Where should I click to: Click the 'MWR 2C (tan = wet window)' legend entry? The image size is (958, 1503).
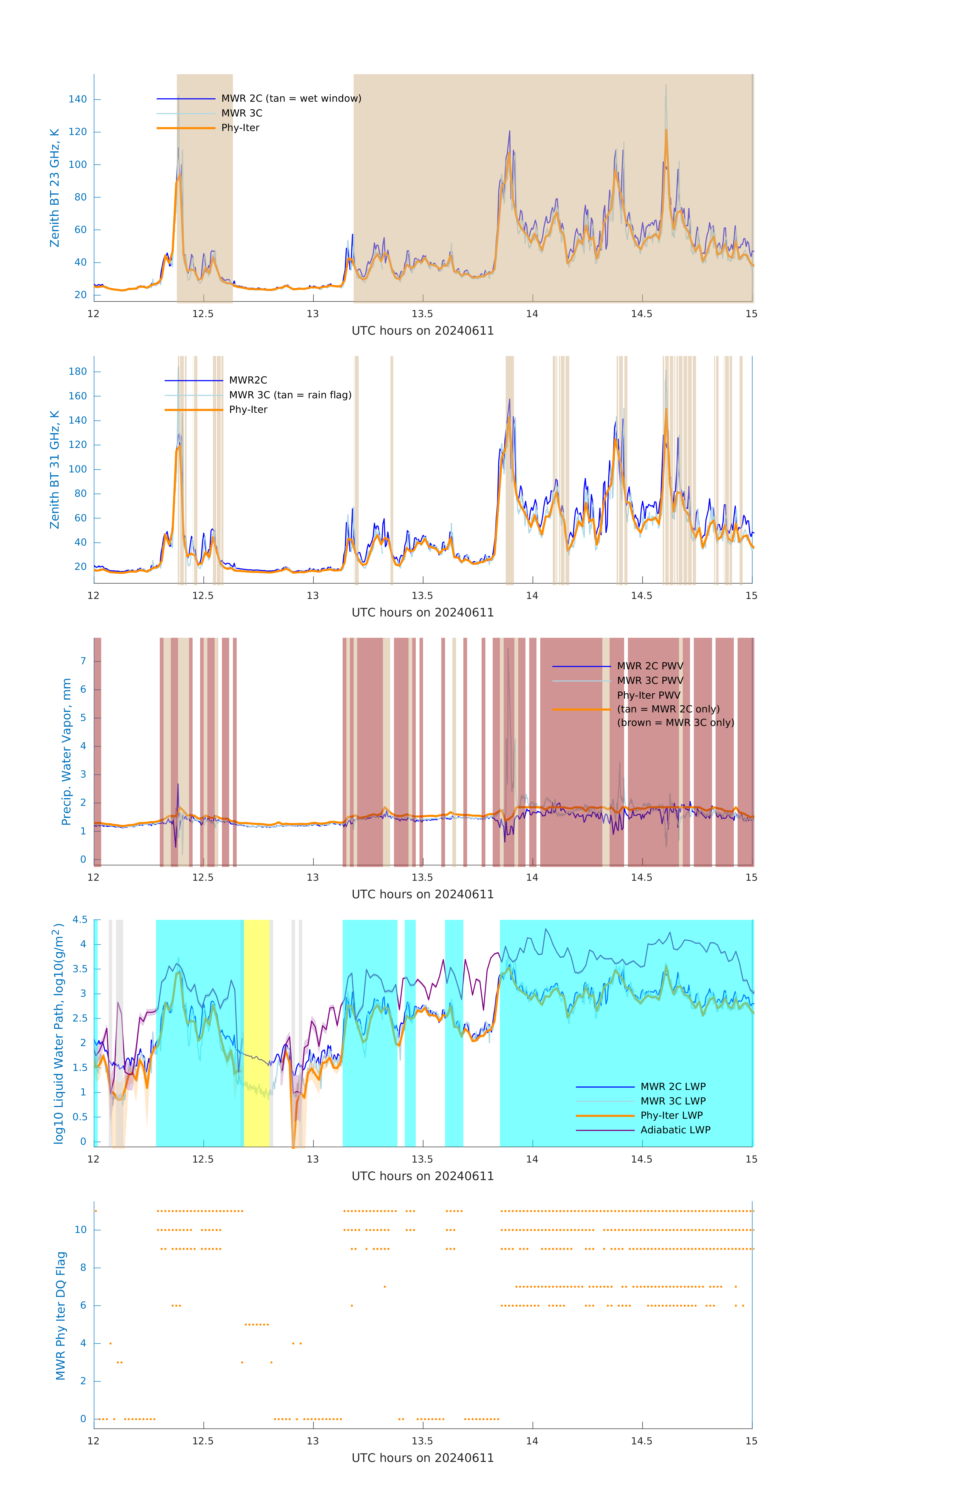(291, 99)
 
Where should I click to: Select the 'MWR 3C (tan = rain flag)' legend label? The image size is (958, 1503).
(290, 395)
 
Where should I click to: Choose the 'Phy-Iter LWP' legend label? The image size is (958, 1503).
(671, 1115)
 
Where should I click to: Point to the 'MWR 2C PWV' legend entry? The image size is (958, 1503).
(650, 666)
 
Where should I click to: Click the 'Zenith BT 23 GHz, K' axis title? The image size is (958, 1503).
(55, 188)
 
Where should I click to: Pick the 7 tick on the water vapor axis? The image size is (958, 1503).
(83, 661)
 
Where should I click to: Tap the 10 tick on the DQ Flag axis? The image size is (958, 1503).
(80, 1230)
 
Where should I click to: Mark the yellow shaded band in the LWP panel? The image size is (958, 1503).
(256, 1033)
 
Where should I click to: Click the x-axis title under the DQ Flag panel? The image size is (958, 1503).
(423, 1458)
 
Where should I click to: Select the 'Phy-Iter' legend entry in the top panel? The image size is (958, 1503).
(240, 128)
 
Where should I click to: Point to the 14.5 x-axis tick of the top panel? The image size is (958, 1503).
(642, 314)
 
